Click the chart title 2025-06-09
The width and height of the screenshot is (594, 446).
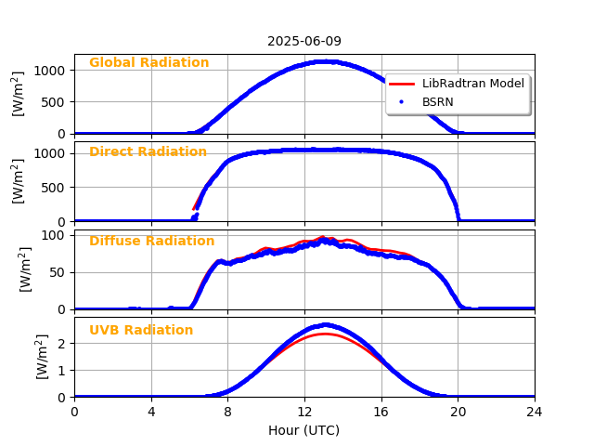point(304,41)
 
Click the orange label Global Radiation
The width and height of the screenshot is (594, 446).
point(148,63)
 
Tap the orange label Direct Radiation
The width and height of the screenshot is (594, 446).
point(148,152)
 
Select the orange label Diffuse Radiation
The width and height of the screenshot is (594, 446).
point(151,242)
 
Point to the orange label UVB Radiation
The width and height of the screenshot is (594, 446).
point(141,331)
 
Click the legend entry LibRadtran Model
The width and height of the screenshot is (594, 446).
point(472,84)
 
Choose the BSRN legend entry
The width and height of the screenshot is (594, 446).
point(438,100)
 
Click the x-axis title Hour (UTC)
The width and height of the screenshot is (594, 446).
point(304,430)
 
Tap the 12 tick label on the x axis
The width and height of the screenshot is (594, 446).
point(304,412)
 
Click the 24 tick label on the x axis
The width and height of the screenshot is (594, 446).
point(535,412)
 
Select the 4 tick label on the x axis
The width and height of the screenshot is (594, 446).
point(151,412)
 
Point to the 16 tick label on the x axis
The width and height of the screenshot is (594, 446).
point(381,412)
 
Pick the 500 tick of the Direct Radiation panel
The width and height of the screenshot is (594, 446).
point(57,187)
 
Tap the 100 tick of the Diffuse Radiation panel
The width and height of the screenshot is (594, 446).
point(57,235)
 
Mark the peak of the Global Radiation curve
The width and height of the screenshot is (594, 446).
point(324,61)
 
